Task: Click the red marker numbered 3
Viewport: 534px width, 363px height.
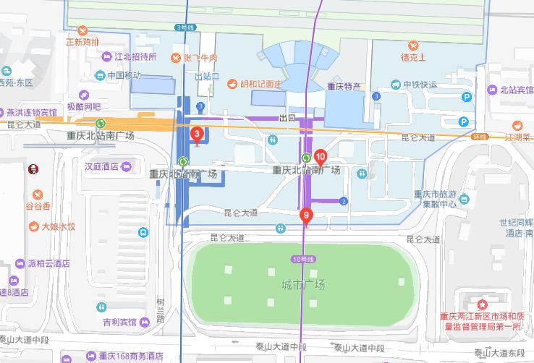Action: tap(196, 134)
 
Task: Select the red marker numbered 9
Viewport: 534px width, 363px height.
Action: tap(306, 215)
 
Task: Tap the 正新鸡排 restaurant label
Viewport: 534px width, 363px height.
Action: tap(81, 41)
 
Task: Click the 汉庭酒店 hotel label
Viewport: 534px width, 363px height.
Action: tap(101, 167)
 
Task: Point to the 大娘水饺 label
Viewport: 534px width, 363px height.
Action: tap(58, 226)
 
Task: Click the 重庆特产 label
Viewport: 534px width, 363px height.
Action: tap(344, 86)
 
